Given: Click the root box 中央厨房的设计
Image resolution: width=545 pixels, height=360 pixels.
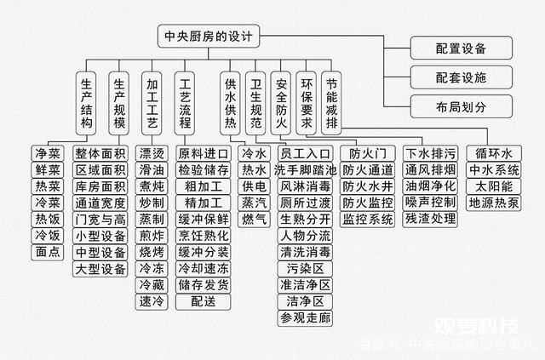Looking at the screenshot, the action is point(209,36).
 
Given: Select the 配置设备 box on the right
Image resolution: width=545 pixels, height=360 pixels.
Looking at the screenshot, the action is point(462,48).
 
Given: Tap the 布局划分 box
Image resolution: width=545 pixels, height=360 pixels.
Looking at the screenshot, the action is point(462,106).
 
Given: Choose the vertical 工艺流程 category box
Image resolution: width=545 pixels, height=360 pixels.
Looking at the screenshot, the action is point(185,103).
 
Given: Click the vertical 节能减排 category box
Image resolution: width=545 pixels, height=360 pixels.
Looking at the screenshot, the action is point(331,103).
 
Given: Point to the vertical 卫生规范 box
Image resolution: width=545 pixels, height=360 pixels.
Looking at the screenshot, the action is point(255,103).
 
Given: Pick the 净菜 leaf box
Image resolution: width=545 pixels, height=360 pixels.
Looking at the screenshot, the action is point(48,153).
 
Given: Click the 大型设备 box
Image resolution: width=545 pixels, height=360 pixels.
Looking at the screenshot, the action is point(100,269).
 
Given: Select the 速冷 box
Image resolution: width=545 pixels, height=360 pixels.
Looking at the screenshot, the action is point(152,301).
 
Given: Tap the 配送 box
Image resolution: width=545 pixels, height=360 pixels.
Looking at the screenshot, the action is point(204,301).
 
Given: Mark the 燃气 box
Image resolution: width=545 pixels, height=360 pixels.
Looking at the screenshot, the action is point(254,220).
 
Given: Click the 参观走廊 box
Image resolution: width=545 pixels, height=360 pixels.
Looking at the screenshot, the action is point(305,317).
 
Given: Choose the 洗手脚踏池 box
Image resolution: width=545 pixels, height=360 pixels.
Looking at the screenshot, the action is point(305,170).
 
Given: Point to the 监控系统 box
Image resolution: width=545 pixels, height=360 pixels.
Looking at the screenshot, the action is point(367,220).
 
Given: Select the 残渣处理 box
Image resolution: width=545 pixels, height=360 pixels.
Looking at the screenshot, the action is point(430,220).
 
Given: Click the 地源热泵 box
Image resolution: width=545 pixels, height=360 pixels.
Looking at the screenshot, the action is point(494,203).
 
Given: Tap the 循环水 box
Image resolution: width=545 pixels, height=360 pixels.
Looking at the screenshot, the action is point(494,153).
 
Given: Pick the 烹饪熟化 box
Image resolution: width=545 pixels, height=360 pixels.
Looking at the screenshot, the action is point(204,236).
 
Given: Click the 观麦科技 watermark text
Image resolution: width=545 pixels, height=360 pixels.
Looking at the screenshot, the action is point(476,326).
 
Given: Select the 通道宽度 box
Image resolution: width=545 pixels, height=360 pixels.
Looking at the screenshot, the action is point(100,203).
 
